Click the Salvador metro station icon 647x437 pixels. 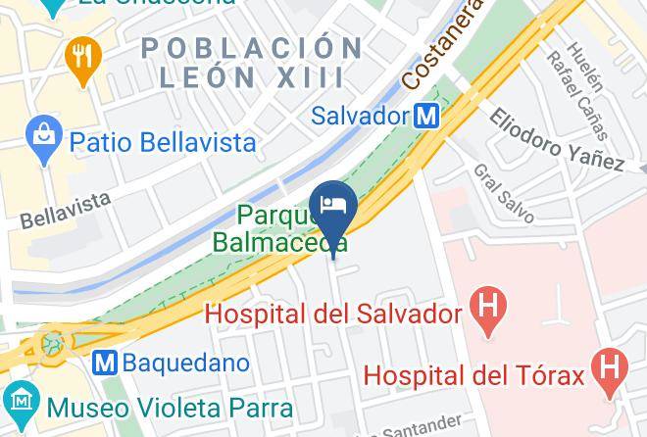tap(426, 116)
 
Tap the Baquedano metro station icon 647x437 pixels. tap(106, 363)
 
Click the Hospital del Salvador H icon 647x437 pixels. tap(486, 315)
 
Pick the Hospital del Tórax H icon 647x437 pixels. tap(611, 373)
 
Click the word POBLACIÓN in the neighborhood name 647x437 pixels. tap(251, 47)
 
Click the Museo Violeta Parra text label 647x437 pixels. tap(160, 404)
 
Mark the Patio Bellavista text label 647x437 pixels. tap(162, 142)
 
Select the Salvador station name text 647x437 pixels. tap(359, 116)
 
